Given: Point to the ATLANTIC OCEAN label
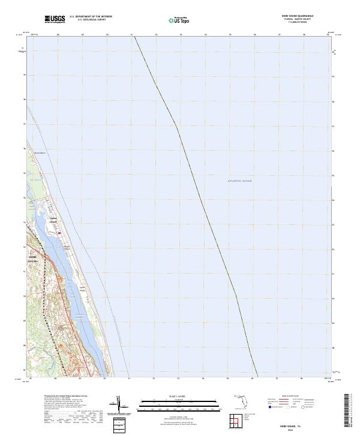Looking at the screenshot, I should tap(239, 181).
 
